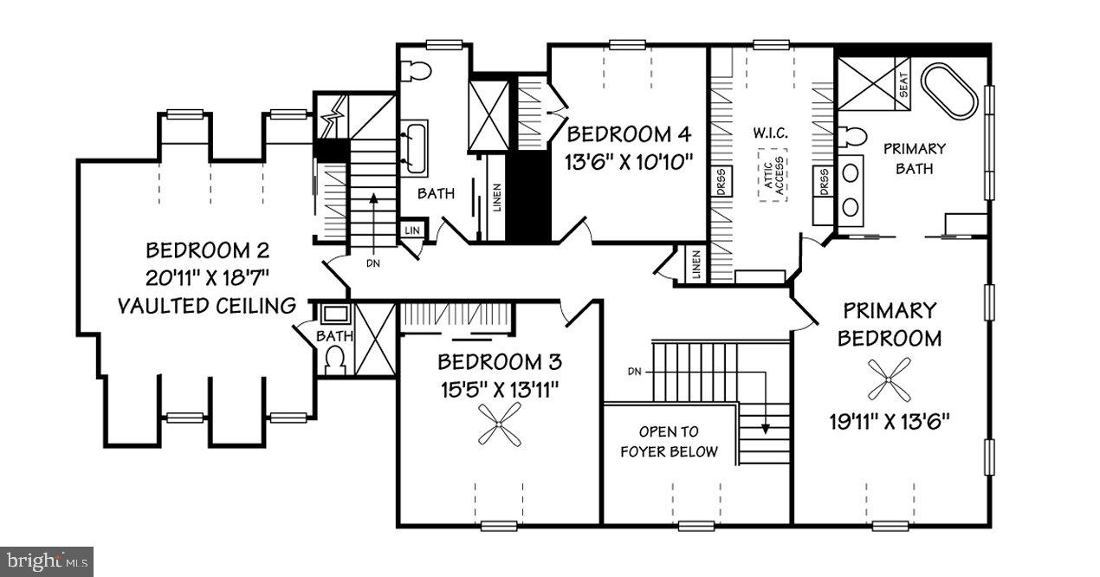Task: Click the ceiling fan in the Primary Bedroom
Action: pos(890,380)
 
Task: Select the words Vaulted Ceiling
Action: pos(207,305)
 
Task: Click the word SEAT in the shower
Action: pos(903,85)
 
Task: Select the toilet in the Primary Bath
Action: pos(854,137)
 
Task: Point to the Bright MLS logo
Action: pos(47,561)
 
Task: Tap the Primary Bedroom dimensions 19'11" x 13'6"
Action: pos(890,422)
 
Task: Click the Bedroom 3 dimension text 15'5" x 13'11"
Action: pos(497,389)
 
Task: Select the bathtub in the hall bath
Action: pos(413,146)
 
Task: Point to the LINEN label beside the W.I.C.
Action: pos(696,265)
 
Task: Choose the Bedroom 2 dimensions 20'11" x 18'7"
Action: pos(207,278)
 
